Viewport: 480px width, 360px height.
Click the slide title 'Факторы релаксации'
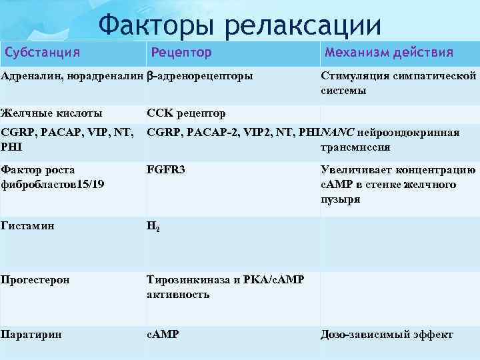coord(240,25)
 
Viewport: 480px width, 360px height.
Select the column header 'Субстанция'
coord(43,52)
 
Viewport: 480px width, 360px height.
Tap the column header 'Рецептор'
coord(181,52)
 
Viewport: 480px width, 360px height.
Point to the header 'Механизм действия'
coord(389,52)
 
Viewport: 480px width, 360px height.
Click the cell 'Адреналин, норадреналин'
coord(72,76)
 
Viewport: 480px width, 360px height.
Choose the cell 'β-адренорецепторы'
coord(200,76)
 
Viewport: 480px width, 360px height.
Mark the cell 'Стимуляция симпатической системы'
coord(398,83)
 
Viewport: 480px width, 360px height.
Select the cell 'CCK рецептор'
coord(186,113)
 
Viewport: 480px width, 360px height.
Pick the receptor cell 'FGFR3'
coord(166,170)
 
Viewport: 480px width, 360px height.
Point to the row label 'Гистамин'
coord(27,225)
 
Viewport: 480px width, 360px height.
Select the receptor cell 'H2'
coord(153,227)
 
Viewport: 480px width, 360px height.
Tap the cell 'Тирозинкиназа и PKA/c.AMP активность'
coord(225,287)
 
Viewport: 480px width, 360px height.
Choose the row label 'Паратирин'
coord(31,334)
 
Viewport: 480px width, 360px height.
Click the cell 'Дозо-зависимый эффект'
coord(387,335)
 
